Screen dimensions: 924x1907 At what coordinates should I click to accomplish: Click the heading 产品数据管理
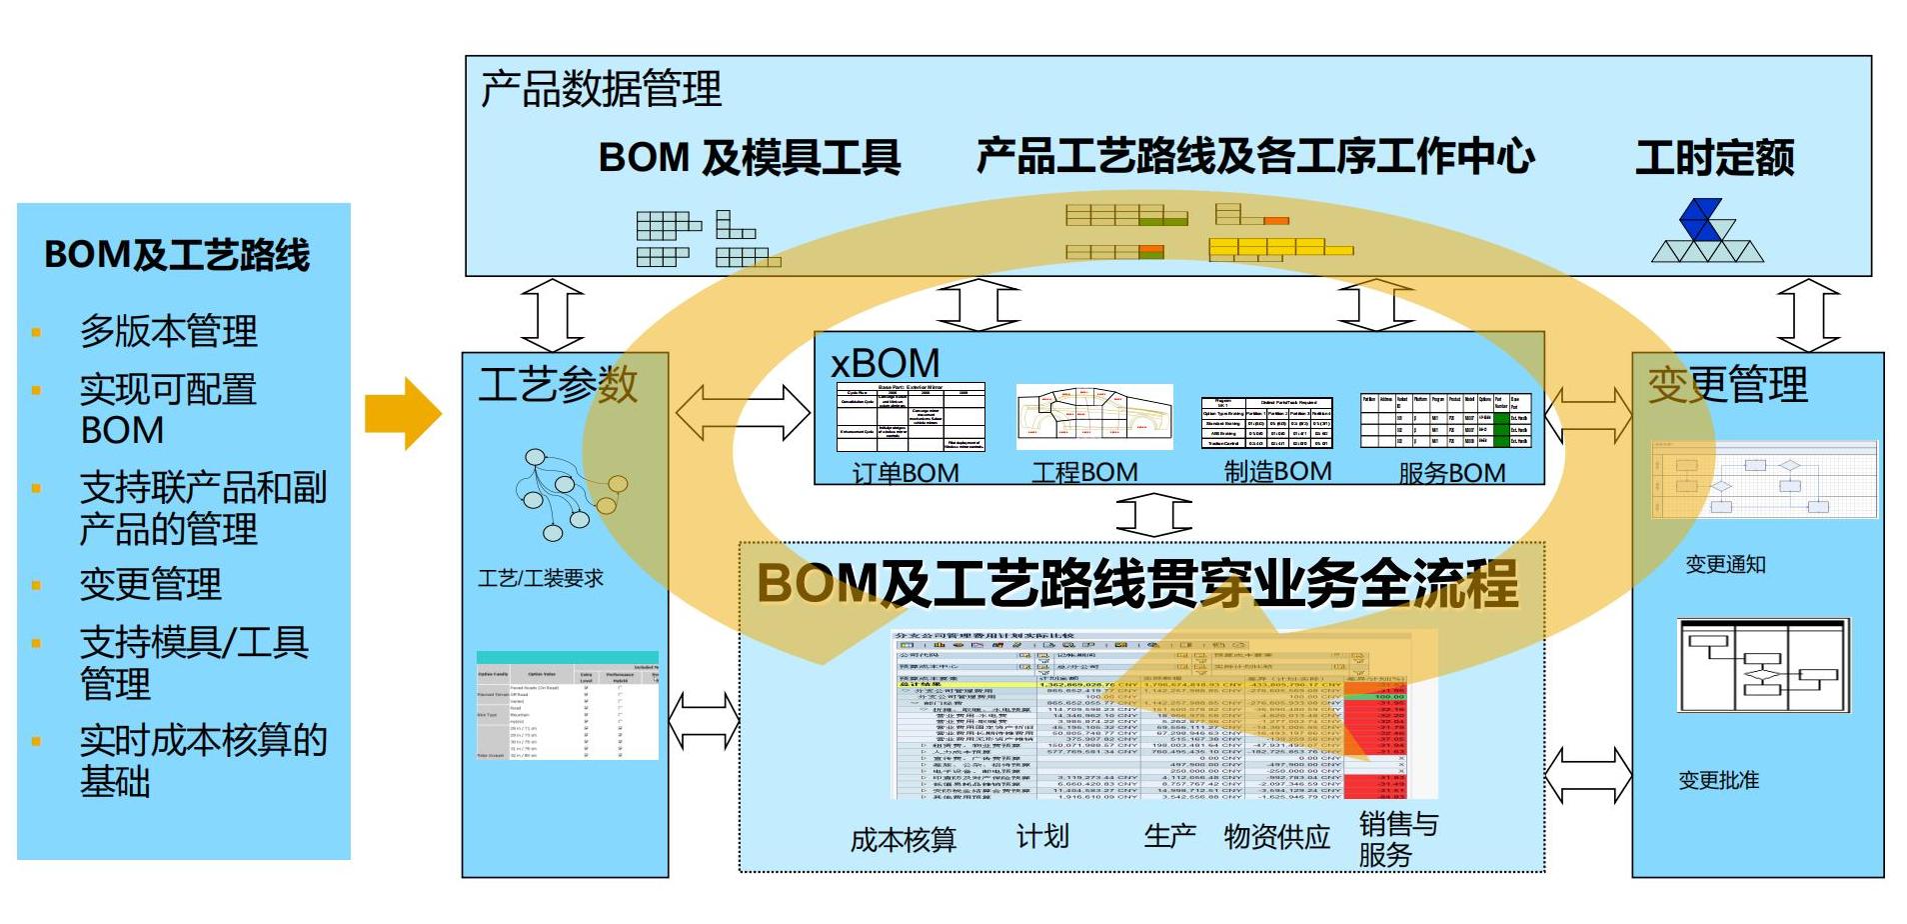[601, 89]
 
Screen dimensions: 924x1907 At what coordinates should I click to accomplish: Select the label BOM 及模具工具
[750, 157]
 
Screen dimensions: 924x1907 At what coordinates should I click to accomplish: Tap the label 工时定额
[1714, 157]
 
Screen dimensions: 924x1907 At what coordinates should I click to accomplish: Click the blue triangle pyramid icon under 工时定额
[1706, 231]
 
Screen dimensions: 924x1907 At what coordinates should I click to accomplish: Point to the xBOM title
[886, 362]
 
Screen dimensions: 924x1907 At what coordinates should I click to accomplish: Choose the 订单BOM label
[906, 472]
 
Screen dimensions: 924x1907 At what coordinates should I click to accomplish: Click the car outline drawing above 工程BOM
[1093, 416]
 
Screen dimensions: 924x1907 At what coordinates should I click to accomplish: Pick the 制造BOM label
[1277, 471]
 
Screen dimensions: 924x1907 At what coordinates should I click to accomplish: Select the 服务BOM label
[1451, 472]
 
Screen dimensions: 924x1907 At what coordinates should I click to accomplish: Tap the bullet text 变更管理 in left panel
[151, 584]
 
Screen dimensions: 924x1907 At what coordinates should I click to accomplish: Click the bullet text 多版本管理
[169, 331]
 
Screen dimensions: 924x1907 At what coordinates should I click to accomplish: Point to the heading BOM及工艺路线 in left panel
[177, 255]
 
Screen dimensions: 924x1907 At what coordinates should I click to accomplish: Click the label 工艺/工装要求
[541, 578]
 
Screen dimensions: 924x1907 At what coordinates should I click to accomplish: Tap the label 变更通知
[1725, 565]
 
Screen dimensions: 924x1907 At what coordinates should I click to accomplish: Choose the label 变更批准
[1719, 780]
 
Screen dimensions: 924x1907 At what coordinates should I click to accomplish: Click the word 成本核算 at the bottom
[904, 839]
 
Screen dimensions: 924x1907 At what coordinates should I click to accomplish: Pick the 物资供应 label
[1277, 835]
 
